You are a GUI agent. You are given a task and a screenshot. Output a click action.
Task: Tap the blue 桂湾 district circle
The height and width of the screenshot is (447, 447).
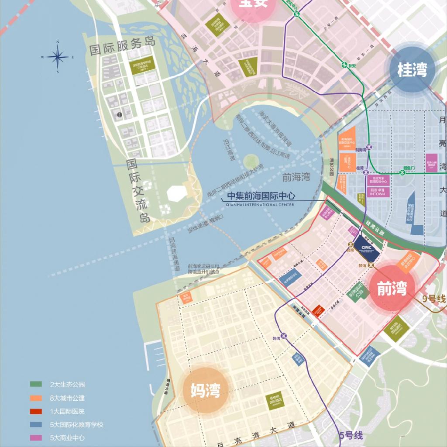(411, 69)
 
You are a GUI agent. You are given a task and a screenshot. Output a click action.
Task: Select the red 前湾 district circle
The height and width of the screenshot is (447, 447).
(392, 289)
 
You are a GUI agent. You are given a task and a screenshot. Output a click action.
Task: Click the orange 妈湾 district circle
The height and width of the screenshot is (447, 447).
(205, 390)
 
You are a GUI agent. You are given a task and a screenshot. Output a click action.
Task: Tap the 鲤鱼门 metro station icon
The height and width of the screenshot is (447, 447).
(402, 172)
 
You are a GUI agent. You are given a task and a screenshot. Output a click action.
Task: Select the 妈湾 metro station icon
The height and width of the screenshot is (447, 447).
(284, 336)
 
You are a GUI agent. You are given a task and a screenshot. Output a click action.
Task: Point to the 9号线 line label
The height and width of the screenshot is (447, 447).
(434, 299)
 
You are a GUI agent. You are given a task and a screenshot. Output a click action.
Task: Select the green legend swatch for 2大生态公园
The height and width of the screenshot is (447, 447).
(36, 384)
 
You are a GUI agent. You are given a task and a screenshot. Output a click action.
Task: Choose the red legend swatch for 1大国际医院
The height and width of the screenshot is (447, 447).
(36, 411)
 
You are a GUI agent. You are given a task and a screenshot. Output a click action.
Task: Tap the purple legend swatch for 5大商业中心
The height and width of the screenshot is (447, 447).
(36, 438)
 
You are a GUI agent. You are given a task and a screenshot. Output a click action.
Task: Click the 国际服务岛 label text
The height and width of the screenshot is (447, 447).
(122, 46)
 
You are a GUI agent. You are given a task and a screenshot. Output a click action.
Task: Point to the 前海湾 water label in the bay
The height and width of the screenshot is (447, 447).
(296, 177)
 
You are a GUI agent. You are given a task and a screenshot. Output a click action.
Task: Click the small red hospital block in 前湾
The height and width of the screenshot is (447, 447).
(318, 310)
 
